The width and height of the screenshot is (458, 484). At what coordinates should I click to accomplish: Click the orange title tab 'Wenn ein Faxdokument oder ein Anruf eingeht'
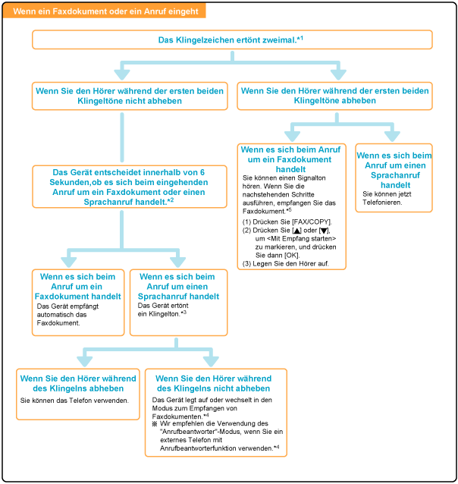pos(106,11)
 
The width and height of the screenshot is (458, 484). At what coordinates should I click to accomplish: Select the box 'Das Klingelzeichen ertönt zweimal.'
pos(232,39)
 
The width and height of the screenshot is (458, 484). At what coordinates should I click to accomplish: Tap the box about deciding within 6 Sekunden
pos(122,188)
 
